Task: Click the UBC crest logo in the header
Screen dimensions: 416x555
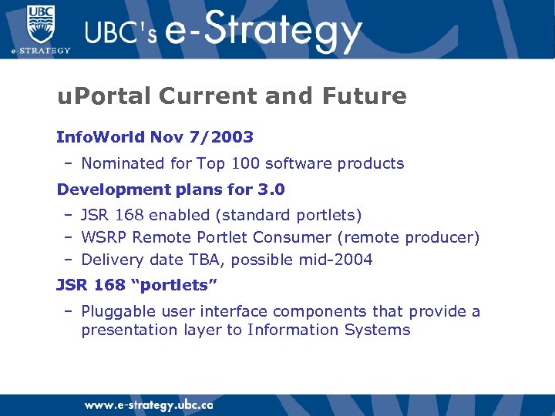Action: (40, 24)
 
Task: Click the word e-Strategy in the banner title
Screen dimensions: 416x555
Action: (262, 32)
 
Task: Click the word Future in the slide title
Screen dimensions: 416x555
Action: (366, 96)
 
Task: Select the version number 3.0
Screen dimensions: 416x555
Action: (269, 190)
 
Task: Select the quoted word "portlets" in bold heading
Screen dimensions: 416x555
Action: (174, 285)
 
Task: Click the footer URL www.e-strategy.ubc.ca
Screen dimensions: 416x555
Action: (148, 405)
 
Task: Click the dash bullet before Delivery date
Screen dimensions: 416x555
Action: (68, 260)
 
